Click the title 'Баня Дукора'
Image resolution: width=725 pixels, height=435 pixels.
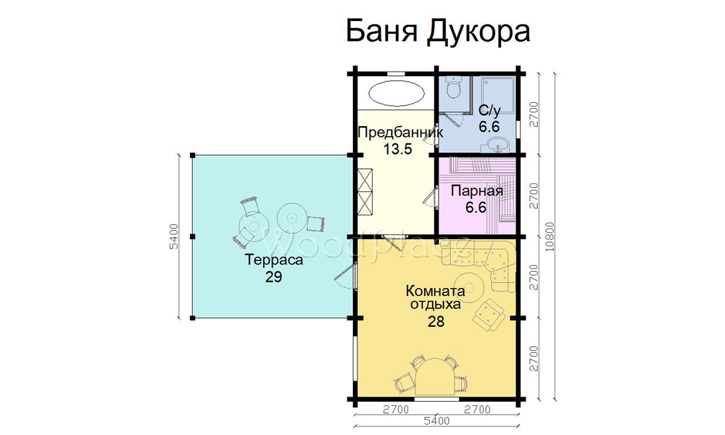tap(437, 32)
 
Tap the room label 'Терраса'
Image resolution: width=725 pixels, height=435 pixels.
tap(274, 260)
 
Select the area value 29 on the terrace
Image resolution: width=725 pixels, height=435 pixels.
tap(274, 276)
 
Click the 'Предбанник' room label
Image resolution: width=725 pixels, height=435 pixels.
tap(400, 132)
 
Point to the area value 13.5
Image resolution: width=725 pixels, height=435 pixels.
tap(397, 149)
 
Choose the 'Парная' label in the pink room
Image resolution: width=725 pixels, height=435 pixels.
tap(477, 191)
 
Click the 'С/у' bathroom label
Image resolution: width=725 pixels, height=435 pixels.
tap(489, 111)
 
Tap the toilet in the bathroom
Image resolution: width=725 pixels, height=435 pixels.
tap(454, 87)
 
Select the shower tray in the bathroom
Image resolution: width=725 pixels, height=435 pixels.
tap(497, 95)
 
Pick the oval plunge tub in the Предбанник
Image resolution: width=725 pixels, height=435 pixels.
tap(397, 93)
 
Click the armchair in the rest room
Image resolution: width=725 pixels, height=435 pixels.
tap(487, 315)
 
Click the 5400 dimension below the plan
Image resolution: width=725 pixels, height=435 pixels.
tap(436, 421)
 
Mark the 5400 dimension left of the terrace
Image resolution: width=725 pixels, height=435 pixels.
tap(174, 236)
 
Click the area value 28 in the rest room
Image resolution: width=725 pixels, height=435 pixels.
tap(436, 321)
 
